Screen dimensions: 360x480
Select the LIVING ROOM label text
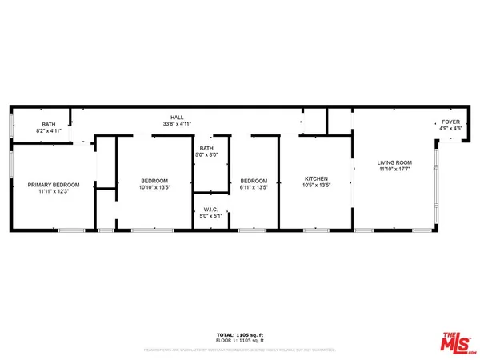coord(394,162)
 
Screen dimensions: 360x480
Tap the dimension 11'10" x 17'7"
coord(394,170)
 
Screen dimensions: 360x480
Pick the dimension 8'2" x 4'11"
coord(49,131)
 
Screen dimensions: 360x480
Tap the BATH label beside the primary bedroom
coord(49,124)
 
